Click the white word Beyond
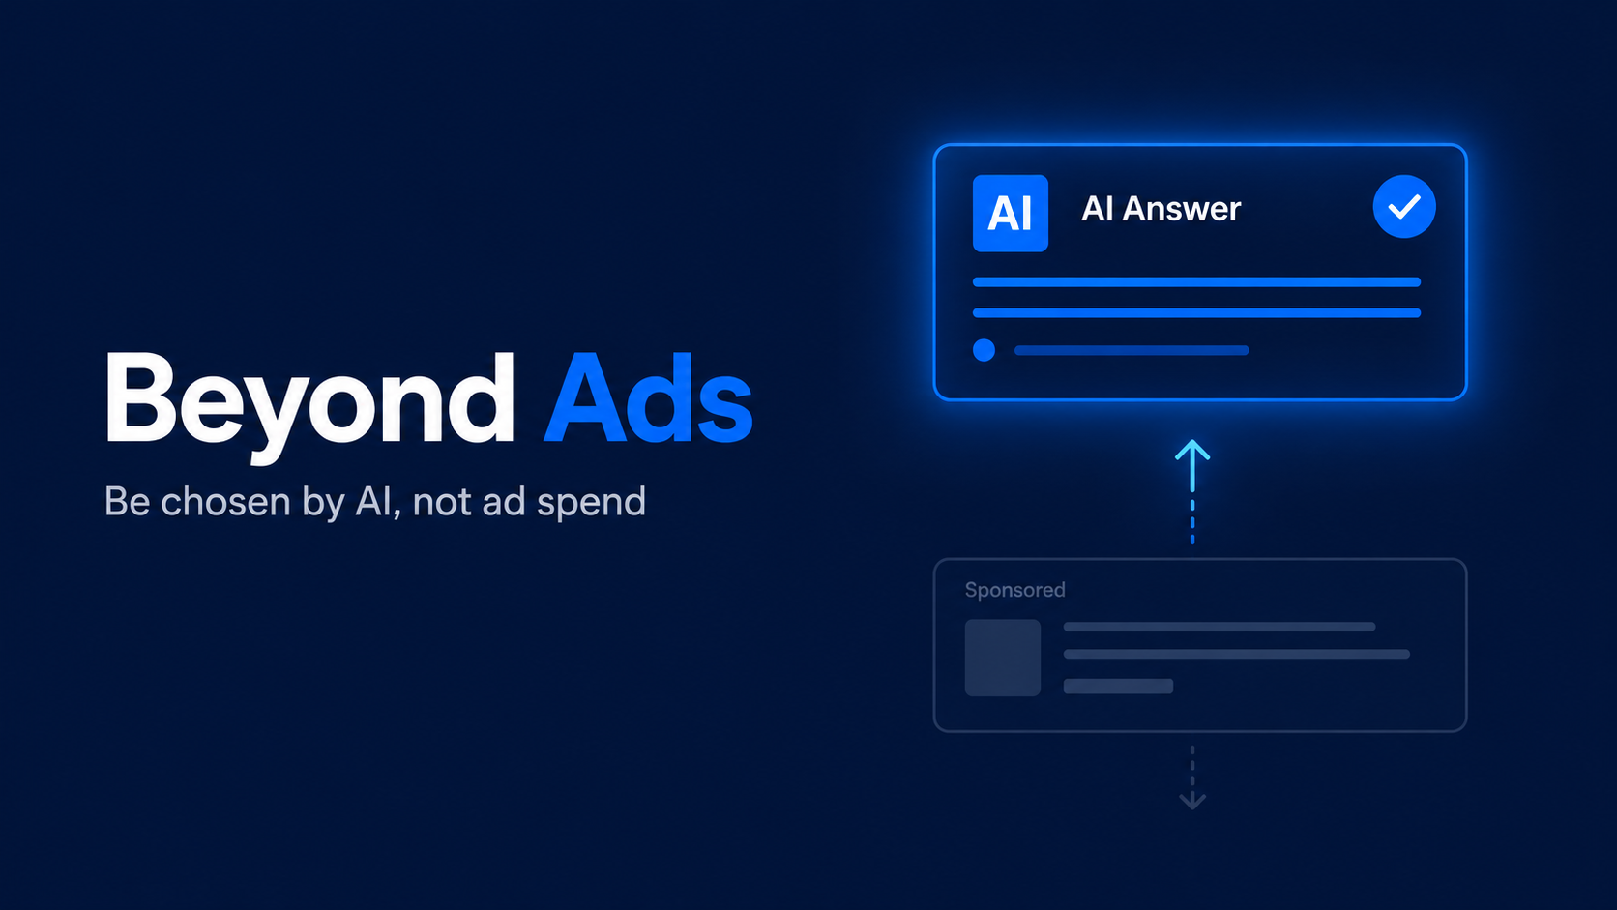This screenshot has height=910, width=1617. point(309,404)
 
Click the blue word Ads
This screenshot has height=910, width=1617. point(648,397)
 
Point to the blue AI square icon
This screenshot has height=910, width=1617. point(1010,213)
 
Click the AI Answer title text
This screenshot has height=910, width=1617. point(1161,209)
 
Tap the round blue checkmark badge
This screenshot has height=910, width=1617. point(1404,206)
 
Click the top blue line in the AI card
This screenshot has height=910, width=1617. point(1196,282)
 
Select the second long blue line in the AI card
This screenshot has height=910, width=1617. point(1196,313)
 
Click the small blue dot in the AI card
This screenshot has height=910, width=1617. point(984,350)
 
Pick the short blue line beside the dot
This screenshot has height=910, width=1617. point(1132,351)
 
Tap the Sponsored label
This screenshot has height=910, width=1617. point(1014,590)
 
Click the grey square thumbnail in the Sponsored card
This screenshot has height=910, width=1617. point(1003,658)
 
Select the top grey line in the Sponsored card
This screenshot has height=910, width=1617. point(1220,627)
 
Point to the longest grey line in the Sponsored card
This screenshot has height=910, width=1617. point(1237,655)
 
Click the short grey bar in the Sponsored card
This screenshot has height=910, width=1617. point(1118,687)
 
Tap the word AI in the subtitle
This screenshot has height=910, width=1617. point(377,502)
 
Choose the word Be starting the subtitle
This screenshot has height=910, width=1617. point(127,502)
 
